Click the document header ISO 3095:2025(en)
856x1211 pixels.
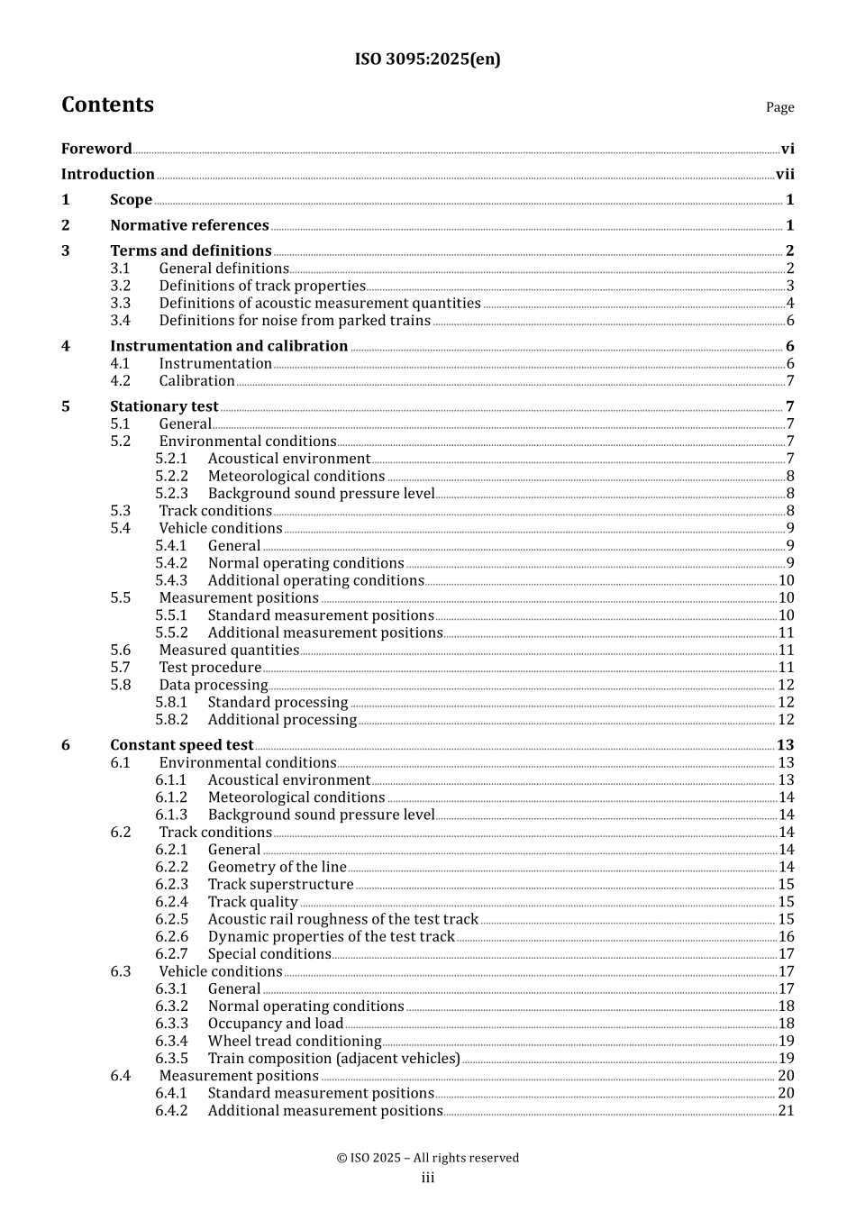[x=427, y=59]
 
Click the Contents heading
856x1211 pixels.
[x=107, y=105]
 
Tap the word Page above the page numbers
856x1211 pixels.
[x=779, y=107]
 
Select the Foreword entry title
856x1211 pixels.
[x=96, y=149]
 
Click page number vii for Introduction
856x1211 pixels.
[x=785, y=175]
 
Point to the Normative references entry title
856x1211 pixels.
[x=189, y=225]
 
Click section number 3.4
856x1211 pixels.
[x=121, y=321]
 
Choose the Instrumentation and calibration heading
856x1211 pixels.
[x=229, y=346]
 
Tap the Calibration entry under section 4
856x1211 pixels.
[x=196, y=381]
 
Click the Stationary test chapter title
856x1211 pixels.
[x=164, y=406]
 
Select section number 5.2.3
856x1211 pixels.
[x=171, y=494]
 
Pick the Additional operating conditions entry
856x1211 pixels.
[x=315, y=581]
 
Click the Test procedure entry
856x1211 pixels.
[x=210, y=668]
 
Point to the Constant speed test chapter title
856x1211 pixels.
[x=181, y=745]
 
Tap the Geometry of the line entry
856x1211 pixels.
[x=277, y=868]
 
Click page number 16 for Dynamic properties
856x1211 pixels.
[x=786, y=937]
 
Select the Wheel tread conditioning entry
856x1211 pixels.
[x=295, y=1042]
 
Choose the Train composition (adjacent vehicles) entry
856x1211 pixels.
[x=333, y=1059]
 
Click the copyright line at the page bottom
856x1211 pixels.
[x=427, y=1158]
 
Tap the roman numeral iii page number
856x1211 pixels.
[x=427, y=1179]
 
